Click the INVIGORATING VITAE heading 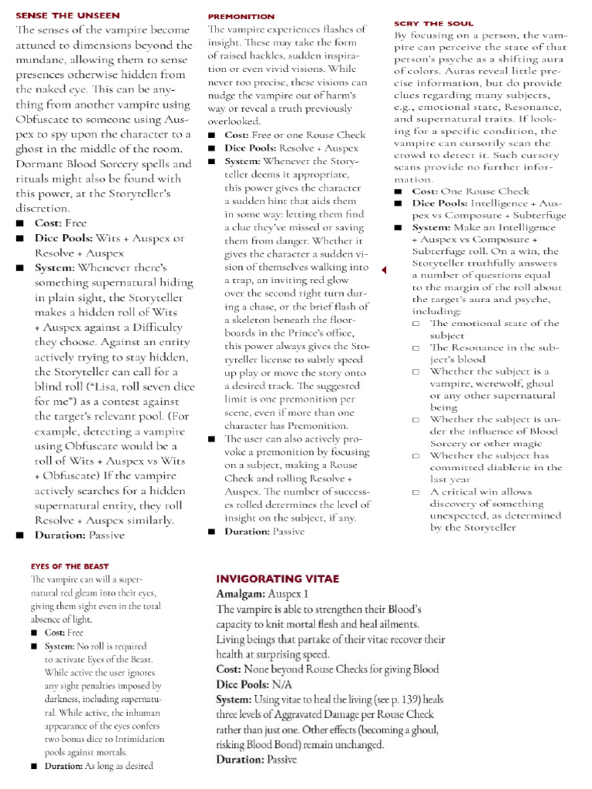277,579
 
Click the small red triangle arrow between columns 384,269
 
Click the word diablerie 533,467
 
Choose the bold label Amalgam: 240,594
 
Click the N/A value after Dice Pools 281,684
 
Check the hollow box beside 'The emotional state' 416,324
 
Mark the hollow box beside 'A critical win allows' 416,492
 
